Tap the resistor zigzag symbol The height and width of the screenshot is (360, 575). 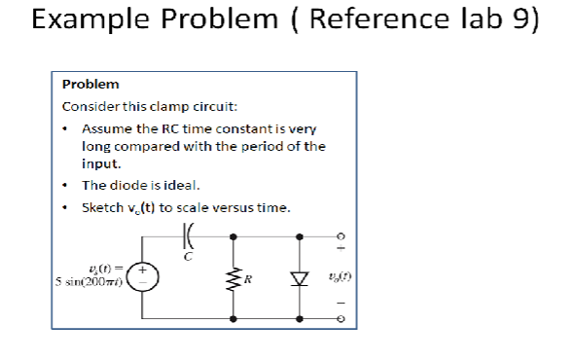[234, 281]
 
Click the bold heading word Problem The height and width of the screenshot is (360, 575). [90, 85]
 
